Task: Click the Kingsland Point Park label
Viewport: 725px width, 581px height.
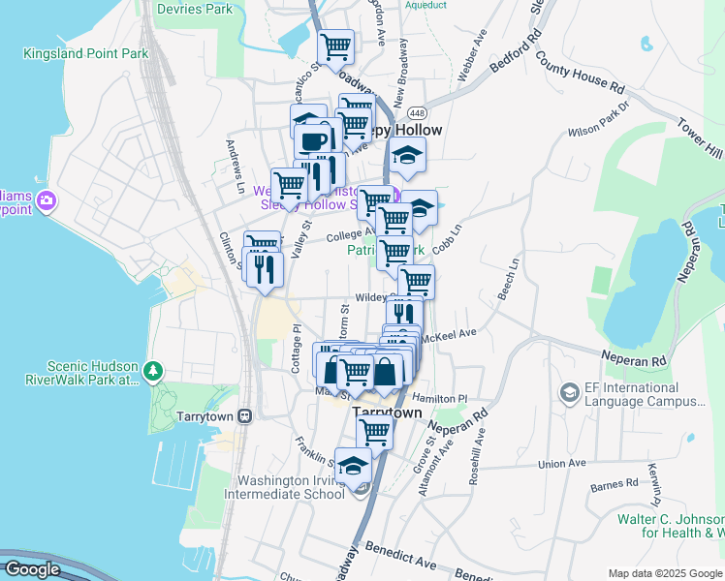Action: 86,53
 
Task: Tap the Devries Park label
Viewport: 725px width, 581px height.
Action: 198,9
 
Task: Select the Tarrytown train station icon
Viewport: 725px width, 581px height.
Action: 245,415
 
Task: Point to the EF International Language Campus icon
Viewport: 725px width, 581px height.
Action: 569,392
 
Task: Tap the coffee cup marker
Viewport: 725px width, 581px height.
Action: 312,140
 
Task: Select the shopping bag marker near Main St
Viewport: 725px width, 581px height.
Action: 386,370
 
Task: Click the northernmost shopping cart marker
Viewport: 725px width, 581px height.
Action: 335,45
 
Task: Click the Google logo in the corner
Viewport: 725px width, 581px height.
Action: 31,569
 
